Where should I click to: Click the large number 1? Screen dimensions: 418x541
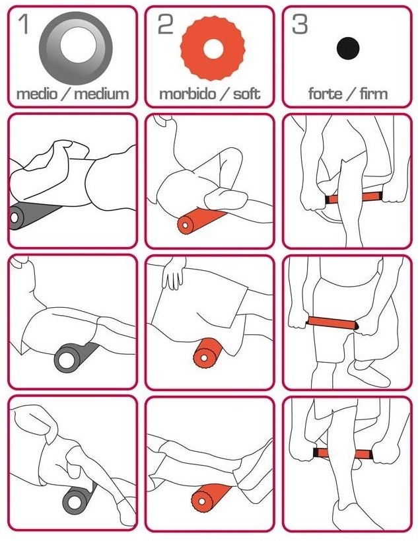click(24, 24)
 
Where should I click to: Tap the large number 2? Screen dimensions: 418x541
click(166, 24)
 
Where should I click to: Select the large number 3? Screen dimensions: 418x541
click(300, 24)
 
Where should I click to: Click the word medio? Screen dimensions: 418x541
click(37, 94)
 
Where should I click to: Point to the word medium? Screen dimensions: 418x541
click(102, 94)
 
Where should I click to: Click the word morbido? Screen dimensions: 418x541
click(188, 94)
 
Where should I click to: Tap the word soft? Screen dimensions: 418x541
click(246, 94)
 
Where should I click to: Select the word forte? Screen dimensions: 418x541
click(326, 94)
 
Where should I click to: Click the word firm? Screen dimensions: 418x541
click(374, 94)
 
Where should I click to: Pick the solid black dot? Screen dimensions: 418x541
click(348, 48)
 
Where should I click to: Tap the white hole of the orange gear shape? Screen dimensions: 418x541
click(213, 48)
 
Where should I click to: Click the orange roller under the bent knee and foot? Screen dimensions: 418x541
click(200, 221)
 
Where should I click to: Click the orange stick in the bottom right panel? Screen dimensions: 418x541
click(343, 453)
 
